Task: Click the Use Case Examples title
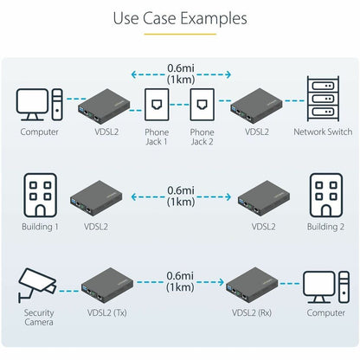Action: [180, 18]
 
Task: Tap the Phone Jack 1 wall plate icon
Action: [157, 105]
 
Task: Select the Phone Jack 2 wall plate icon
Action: [202, 105]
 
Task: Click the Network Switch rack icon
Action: [323, 99]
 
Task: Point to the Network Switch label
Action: [323, 132]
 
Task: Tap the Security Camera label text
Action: [39, 318]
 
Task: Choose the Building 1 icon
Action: [40, 196]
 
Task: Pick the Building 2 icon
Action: [326, 196]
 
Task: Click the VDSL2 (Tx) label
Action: [107, 312]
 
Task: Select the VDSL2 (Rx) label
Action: [252, 312]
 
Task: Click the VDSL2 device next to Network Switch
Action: [256, 106]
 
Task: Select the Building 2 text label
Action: [325, 227]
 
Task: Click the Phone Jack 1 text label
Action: [157, 137]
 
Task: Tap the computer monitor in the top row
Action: [32, 105]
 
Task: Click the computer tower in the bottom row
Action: [344, 287]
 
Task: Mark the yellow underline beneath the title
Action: [180, 34]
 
